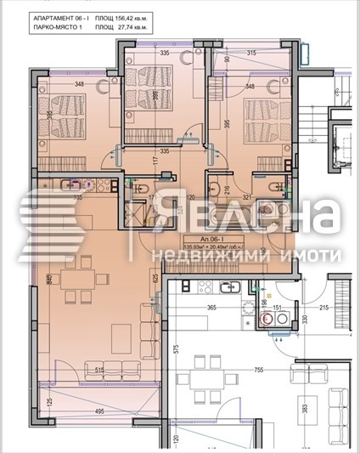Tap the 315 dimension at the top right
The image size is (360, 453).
click(252, 53)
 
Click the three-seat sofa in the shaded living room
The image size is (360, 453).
click(115, 369)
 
